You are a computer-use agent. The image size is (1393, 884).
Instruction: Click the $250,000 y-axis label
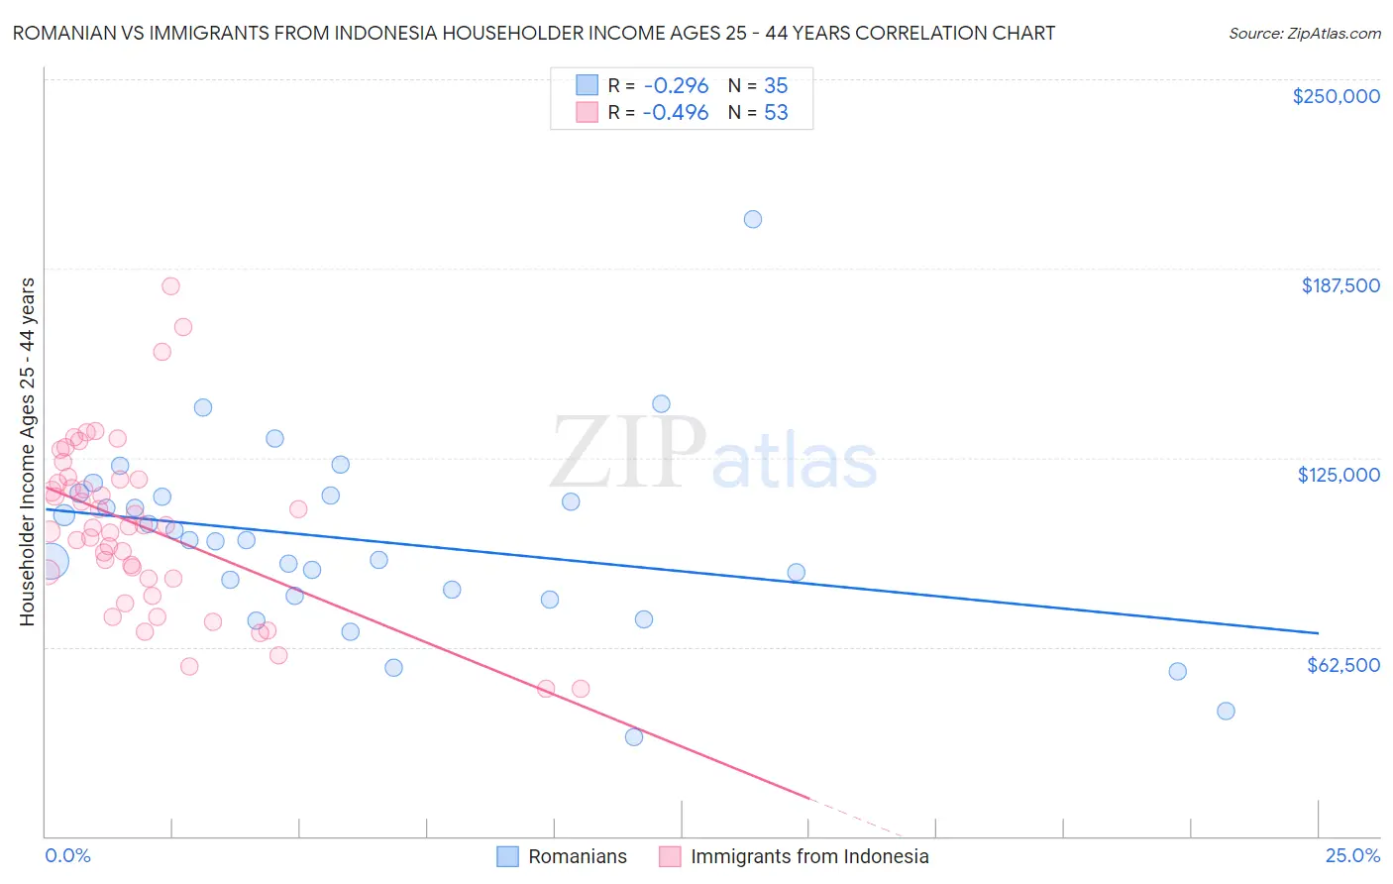(1336, 96)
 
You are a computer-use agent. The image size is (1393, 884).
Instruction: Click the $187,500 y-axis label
(1339, 285)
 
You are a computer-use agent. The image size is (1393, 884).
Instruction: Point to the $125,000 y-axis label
(1339, 475)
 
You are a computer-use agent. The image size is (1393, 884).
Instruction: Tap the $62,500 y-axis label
(1342, 665)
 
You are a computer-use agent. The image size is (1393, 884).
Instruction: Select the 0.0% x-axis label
(67, 856)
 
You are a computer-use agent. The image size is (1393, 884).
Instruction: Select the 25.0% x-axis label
(1352, 856)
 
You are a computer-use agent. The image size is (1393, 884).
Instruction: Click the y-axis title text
(27, 452)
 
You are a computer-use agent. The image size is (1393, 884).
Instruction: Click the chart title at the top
(534, 33)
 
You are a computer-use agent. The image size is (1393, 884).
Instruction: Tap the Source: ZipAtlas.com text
(1304, 33)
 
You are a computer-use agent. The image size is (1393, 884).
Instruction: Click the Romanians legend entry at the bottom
(577, 856)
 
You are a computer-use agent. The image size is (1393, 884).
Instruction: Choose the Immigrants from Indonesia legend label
(808, 856)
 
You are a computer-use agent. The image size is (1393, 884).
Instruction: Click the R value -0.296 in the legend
(675, 86)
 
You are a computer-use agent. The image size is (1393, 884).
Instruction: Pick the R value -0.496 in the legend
(675, 113)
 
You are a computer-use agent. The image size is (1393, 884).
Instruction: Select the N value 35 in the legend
(776, 86)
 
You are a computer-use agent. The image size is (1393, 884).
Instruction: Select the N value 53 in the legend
(776, 113)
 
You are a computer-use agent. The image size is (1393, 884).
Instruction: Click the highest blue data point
(753, 219)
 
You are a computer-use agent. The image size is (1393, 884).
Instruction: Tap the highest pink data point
(170, 286)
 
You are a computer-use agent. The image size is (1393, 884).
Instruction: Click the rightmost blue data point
(1226, 711)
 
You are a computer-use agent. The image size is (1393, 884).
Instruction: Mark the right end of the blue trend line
(1318, 632)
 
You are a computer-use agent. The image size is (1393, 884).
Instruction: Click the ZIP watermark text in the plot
(628, 453)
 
